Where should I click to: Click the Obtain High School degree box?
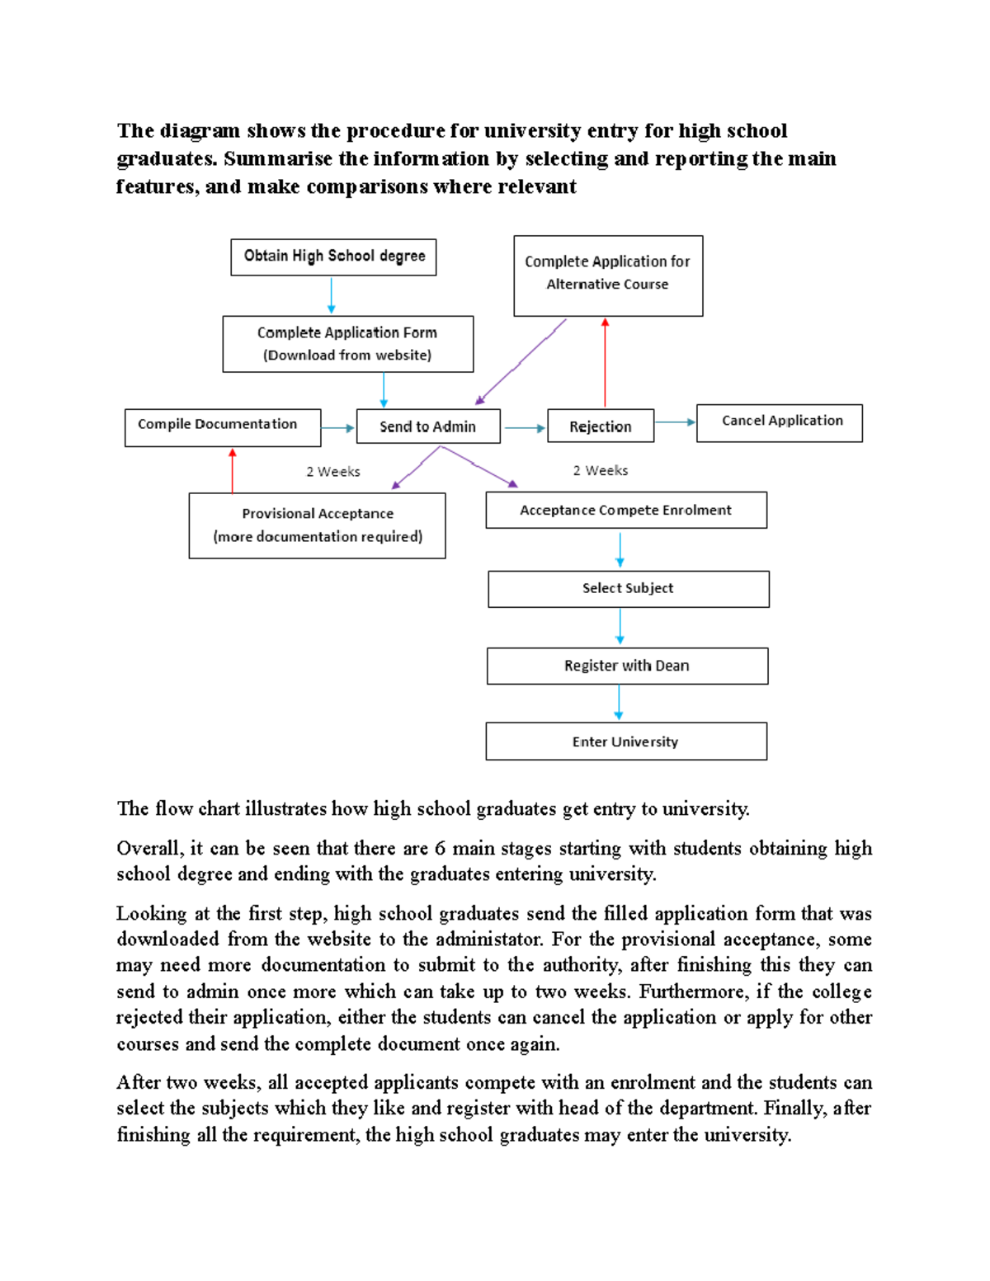click(x=333, y=257)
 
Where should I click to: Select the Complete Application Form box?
click(x=347, y=344)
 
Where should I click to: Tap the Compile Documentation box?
click(x=222, y=427)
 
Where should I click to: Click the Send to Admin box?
click(x=427, y=426)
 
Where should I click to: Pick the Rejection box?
click(x=600, y=426)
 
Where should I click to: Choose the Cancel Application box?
click(x=779, y=422)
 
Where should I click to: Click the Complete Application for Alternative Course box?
click(x=608, y=276)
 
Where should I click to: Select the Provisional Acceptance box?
click(x=317, y=525)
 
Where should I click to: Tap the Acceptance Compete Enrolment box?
click(x=625, y=510)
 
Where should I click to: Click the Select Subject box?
click(x=628, y=589)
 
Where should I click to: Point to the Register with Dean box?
click(x=627, y=666)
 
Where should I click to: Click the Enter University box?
click(x=625, y=742)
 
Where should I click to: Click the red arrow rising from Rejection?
click(x=605, y=363)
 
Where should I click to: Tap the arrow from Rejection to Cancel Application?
click(x=675, y=422)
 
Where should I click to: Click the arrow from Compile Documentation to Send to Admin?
click(x=337, y=428)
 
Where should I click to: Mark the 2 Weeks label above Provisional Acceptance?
click(x=333, y=472)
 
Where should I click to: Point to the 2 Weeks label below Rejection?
click(x=601, y=470)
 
